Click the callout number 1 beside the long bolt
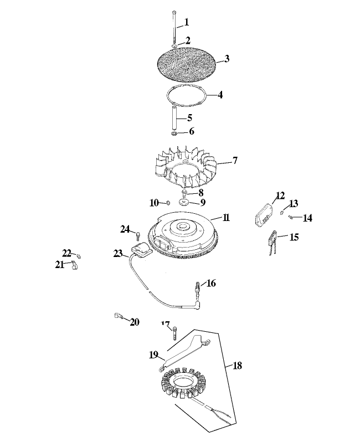186,22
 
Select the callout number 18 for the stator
238,366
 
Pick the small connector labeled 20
118,317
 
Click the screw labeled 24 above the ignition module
136,237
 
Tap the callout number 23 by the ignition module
118,253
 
